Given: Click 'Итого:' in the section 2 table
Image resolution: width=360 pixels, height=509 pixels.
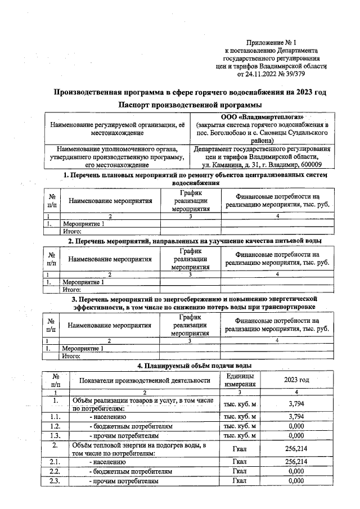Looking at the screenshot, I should [x=72, y=290].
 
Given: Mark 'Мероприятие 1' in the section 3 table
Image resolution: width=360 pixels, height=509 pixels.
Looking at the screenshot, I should [x=83, y=348].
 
